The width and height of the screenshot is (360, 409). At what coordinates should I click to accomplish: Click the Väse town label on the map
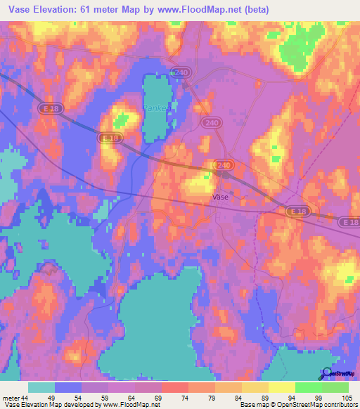pyautogui.click(x=219, y=198)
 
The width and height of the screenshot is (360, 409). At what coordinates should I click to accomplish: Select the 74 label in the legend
pyautogui.click(x=188, y=398)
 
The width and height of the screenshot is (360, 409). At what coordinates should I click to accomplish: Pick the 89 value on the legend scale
pyautogui.click(x=268, y=398)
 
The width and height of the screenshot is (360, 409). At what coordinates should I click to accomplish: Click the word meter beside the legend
pyautogui.click(x=11, y=398)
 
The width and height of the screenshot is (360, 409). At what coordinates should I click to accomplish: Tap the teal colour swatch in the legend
pyautogui.click(x=41, y=387)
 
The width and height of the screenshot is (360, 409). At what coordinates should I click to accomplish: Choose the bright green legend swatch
pyautogui.click(x=308, y=387)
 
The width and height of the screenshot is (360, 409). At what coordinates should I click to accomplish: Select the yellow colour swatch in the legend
pyautogui.click(x=281, y=387)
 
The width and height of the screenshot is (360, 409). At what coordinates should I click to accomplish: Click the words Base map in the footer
pyautogui.click(x=252, y=405)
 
